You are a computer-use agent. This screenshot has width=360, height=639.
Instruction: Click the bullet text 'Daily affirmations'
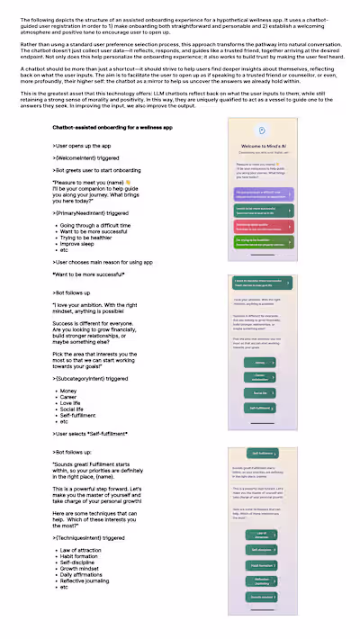point(86,574)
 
